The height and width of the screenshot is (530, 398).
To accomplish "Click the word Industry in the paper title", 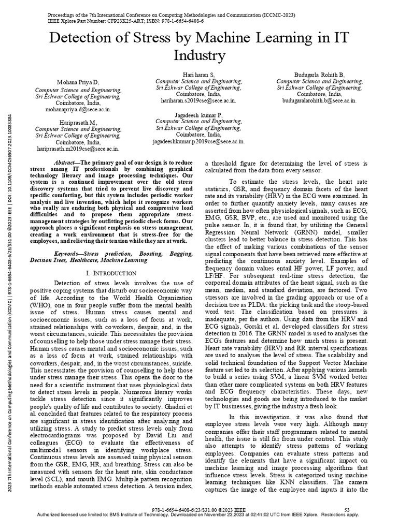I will pyautogui.click(x=199, y=55).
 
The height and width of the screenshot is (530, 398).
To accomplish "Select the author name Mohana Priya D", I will pyautogui.click(x=78, y=82).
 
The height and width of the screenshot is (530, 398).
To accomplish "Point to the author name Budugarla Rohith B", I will pyautogui.click(x=319, y=75).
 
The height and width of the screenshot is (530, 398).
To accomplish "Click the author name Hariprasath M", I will pyautogui.click(x=78, y=123).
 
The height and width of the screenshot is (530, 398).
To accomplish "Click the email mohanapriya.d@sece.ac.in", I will pyautogui.click(x=78, y=110).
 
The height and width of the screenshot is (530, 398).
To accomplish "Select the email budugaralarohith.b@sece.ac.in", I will pyautogui.click(x=319, y=102).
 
